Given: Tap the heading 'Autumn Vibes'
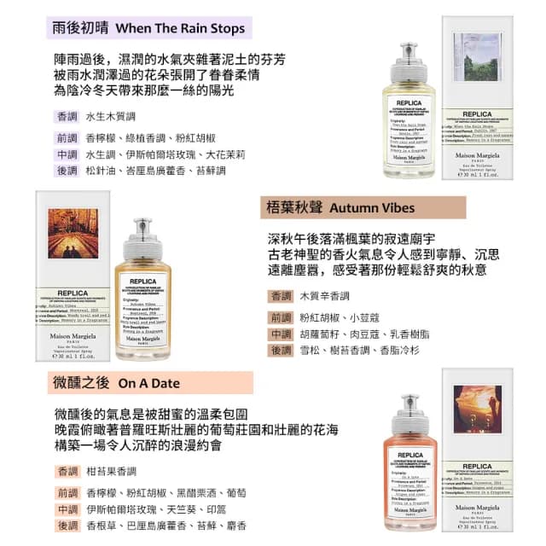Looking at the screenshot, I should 372,207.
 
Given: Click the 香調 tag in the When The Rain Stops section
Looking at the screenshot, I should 67,117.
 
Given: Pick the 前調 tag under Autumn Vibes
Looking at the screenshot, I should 281,317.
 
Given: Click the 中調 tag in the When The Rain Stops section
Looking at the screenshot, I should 67,154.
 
